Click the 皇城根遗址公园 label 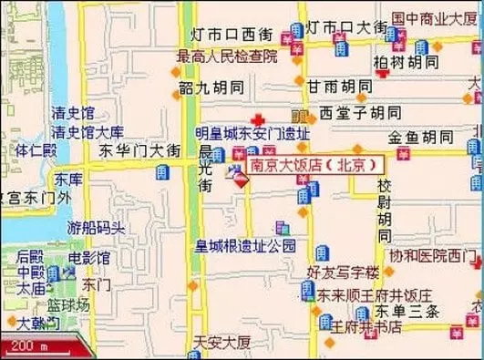pos(246,245)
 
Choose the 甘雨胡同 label pos(338,86)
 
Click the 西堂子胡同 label pos(360,113)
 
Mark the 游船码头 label pos(96,227)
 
